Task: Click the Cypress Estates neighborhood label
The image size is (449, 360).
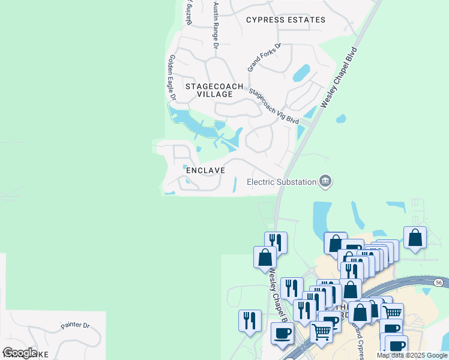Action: tap(286, 20)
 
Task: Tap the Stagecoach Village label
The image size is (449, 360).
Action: tap(214, 91)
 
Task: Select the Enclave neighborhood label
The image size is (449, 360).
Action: tap(205, 170)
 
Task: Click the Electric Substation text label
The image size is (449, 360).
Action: tap(282, 182)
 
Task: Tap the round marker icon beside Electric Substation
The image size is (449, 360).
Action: tap(325, 181)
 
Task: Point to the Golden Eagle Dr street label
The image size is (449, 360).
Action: tap(172, 77)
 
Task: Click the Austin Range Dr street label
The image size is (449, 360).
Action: tap(215, 25)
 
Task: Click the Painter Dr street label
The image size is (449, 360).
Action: tap(75, 326)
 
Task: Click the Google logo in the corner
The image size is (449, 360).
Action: tap(19, 353)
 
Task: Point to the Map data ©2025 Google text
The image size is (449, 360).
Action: tap(412, 355)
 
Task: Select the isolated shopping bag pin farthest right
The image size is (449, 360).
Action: tap(415, 238)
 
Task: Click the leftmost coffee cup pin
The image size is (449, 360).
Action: tap(282, 332)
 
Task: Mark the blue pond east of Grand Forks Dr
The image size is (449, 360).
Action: tap(301, 73)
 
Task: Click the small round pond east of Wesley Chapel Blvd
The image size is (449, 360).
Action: tap(341, 118)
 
